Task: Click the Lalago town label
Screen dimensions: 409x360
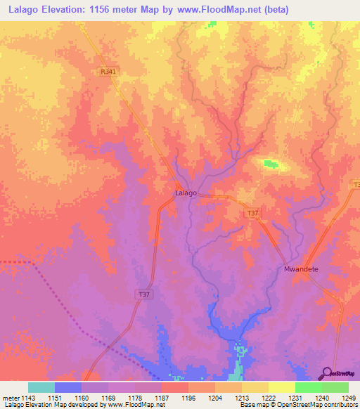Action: [185, 193]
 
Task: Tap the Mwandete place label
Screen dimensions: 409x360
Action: [301, 269]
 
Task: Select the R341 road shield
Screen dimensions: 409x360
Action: [108, 71]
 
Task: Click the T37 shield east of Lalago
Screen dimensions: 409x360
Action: [252, 212]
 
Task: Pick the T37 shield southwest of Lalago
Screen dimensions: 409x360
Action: [141, 294]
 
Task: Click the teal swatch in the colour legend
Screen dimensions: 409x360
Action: [41, 387]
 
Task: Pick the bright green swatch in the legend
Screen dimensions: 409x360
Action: [308, 387]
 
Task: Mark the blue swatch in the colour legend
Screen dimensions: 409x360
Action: [68, 387]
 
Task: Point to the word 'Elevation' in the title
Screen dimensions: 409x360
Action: [67, 11]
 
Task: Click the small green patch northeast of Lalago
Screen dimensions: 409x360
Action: [271, 164]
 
